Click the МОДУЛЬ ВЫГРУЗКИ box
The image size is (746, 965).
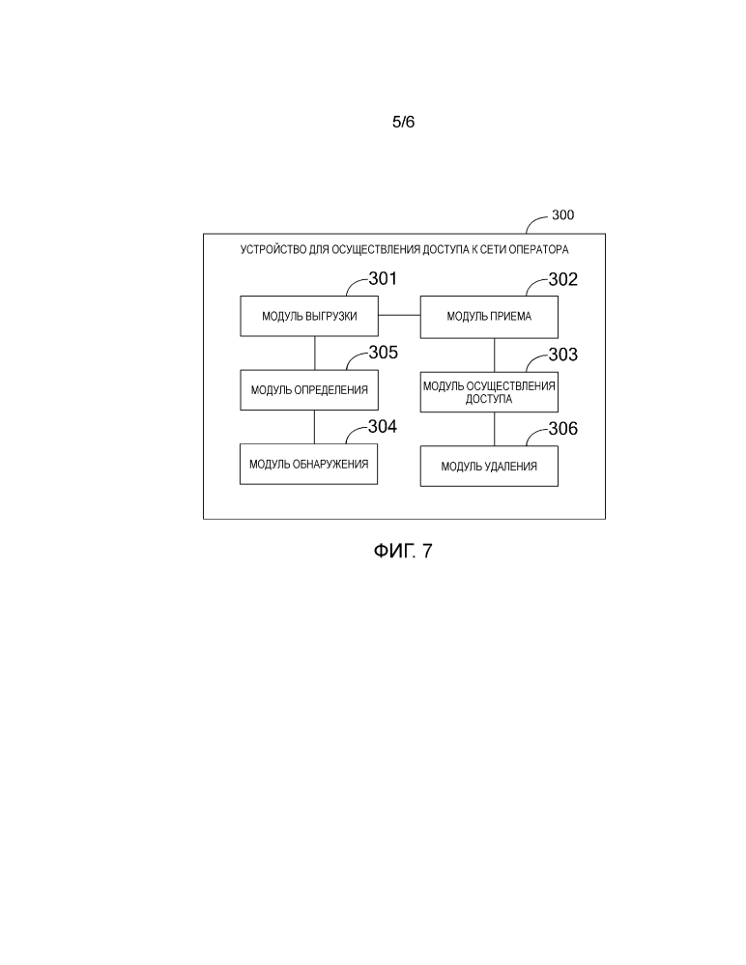pyautogui.click(x=309, y=316)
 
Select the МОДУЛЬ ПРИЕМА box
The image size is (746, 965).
pyautogui.click(x=488, y=316)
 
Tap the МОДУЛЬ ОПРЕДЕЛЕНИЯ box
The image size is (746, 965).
pyautogui.click(x=309, y=390)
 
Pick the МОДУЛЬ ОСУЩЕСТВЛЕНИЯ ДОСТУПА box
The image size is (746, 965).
pyautogui.click(x=488, y=391)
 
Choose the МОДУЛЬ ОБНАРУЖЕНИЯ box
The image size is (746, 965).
pyautogui.click(x=309, y=464)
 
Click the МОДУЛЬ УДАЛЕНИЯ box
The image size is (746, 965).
pyautogui.click(x=488, y=467)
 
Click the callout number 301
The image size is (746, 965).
pyautogui.click(x=383, y=280)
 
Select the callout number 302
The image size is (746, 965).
pyautogui.click(x=562, y=280)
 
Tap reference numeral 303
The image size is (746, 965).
pyautogui.click(x=562, y=355)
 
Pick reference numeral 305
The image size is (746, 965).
pyautogui.click(x=383, y=353)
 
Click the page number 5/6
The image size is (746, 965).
pyautogui.click(x=403, y=123)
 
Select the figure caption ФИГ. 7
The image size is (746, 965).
pyautogui.click(x=403, y=552)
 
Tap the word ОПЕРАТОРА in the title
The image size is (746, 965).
pyautogui.click(x=537, y=249)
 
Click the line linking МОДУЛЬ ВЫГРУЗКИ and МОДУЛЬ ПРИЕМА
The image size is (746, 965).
pyautogui.click(x=399, y=316)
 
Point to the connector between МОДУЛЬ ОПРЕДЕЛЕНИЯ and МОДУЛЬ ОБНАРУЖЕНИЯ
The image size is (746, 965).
pyautogui.click(x=314, y=428)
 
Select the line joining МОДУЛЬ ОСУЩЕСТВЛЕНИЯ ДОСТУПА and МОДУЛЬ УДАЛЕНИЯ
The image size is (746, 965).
pyautogui.click(x=494, y=430)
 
